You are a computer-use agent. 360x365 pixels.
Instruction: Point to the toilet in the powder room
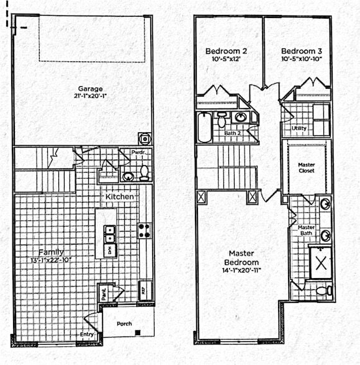(144, 172)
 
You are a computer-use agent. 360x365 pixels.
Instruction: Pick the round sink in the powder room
(128, 176)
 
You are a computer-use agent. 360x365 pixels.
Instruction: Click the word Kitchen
(119, 197)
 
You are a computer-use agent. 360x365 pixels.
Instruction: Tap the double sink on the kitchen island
(109, 234)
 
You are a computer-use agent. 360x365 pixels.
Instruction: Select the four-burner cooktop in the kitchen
(144, 231)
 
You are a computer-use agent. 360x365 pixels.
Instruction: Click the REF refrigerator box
(142, 289)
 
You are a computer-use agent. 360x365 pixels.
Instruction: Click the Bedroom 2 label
(222, 50)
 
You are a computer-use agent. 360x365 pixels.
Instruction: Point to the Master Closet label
(307, 168)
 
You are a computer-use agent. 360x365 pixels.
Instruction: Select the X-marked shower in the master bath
(320, 262)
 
